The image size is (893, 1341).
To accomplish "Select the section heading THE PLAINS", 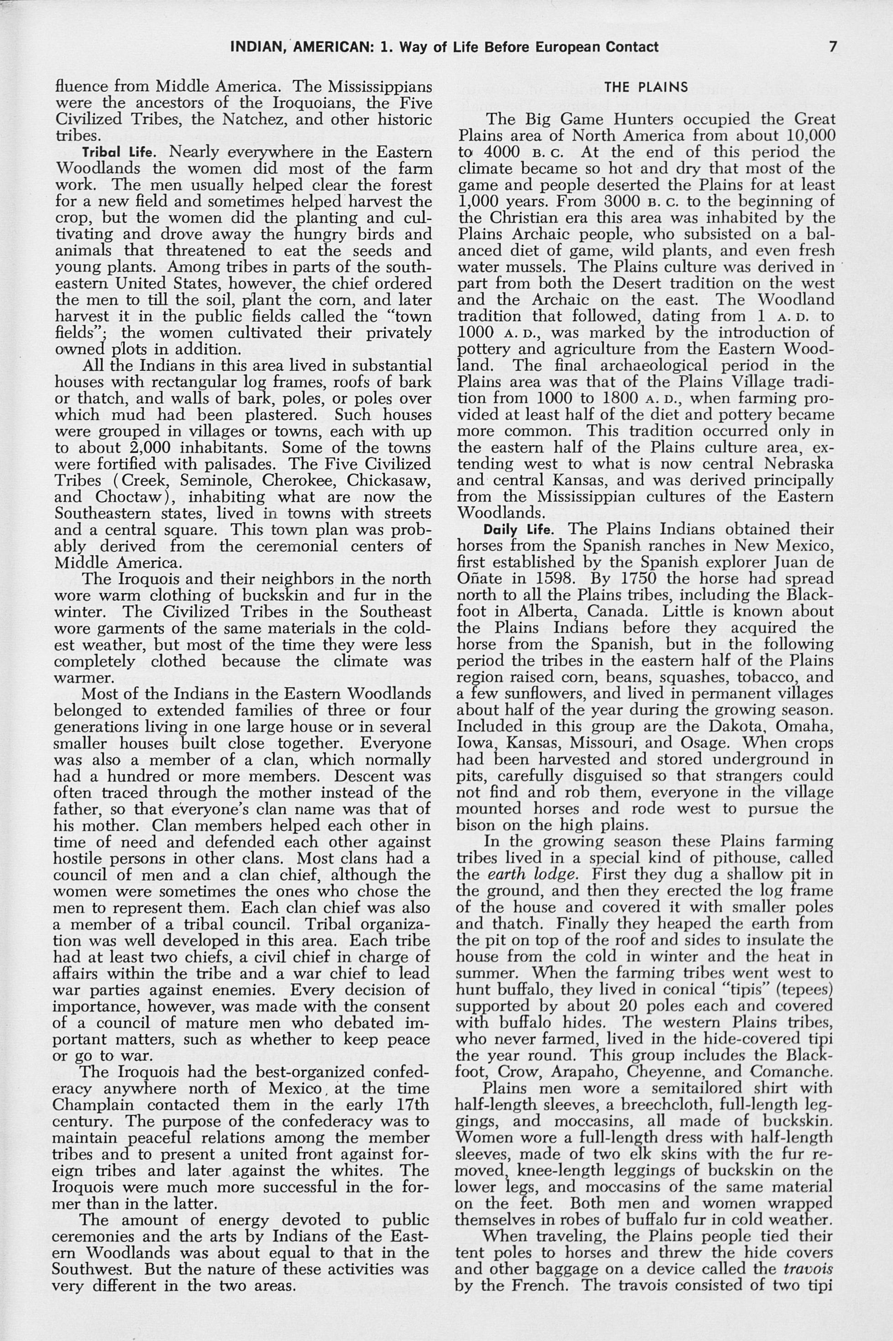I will tap(646, 88).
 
